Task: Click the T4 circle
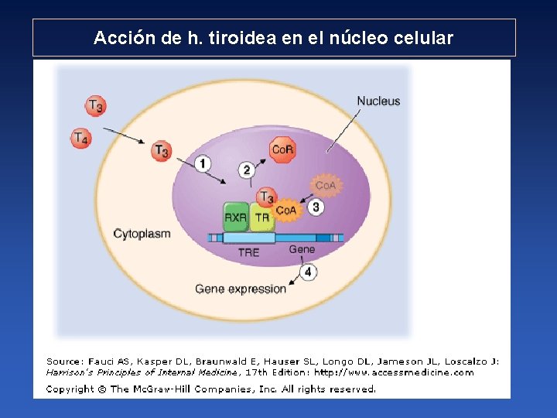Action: (x=80, y=139)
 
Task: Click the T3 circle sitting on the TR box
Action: (x=266, y=197)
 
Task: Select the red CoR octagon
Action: (x=282, y=150)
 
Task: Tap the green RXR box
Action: (x=236, y=218)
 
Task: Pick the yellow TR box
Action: (x=262, y=218)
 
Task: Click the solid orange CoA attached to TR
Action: (x=285, y=210)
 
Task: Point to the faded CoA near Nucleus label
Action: (x=325, y=186)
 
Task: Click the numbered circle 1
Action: (x=203, y=163)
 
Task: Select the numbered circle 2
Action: (x=247, y=170)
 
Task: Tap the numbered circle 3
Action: (x=315, y=207)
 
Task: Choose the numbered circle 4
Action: (x=308, y=272)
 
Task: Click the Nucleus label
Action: (x=378, y=101)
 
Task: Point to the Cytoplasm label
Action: (x=142, y=233)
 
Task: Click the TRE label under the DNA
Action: (x=248, y=252)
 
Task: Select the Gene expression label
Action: (x=241, y=289)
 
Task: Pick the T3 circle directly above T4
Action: (x=95, y=105)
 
